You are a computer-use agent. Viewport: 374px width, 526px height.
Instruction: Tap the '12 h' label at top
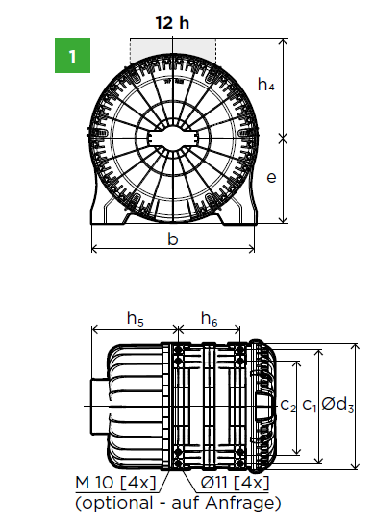point(173,21)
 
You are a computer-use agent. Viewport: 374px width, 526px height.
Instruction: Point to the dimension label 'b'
point(173,238)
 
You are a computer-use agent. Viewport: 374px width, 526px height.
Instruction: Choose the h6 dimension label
point(209,319)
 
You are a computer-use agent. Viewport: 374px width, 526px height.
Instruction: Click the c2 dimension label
point(287,405)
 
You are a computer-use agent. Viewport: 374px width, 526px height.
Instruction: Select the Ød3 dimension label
point(338,405)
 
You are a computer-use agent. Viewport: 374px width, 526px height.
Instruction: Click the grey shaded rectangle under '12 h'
point(173,48)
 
